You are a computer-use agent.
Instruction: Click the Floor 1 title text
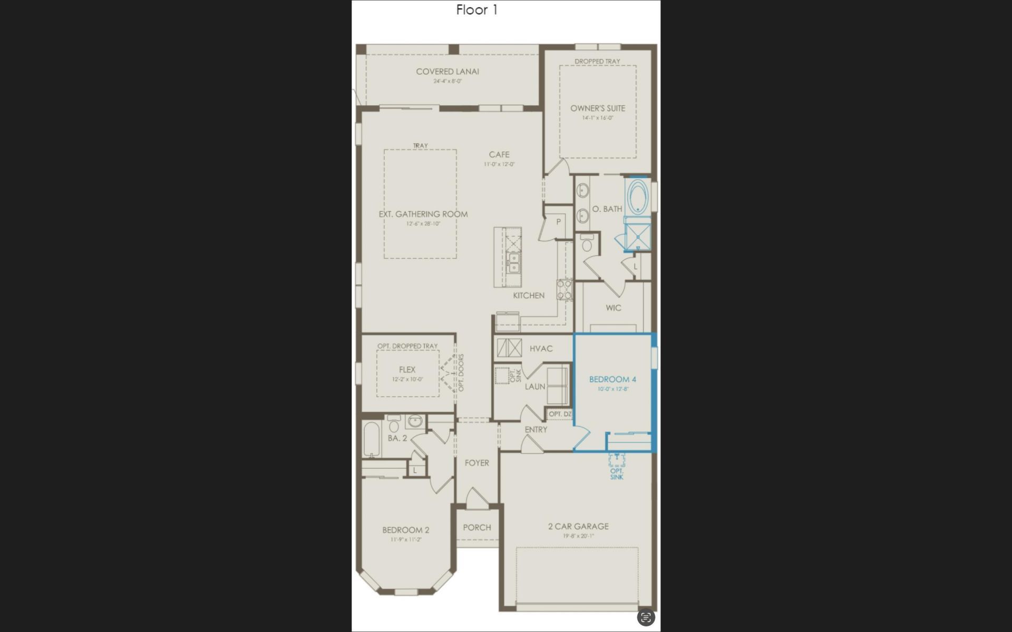click(476, 10)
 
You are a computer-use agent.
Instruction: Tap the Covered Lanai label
click(447, 72)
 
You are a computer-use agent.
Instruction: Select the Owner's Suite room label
click(598, 108)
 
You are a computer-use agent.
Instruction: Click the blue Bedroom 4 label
click(612, 380)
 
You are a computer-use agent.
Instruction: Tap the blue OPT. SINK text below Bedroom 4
click(617, 474)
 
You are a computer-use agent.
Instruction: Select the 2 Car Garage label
click(578, 526)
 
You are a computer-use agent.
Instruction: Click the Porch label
click(477, 527)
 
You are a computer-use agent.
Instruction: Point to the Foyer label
click(476, 463)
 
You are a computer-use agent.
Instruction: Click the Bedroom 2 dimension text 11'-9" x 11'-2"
click(406, 539)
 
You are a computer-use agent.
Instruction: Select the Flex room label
click(407, 370)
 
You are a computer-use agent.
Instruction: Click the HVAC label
click(541, 349)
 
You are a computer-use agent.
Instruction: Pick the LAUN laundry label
click(535, 387)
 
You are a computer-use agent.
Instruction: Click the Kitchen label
click(529, 295)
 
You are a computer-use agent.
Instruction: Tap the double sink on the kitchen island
click(513, 263)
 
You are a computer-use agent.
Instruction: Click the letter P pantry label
click(558, 222)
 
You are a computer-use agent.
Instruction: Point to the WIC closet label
click(614, 308)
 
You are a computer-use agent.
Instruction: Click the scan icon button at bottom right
click(646, 617)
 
